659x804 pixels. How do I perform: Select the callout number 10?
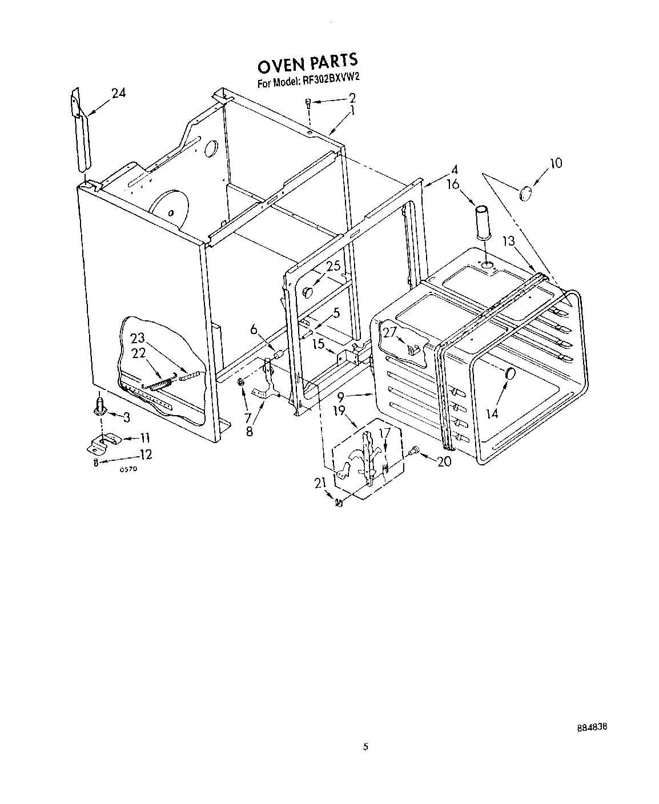[x=555, y=163]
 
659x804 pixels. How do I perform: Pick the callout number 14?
[x=492, y=412]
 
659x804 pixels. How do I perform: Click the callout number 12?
[x=145, y=455]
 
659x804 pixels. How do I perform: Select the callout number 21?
[x=320, y=483]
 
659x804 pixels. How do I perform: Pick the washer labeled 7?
[x=241, y=381]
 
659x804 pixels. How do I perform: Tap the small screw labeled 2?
[x=308, y=103]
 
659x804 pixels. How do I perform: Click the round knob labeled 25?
[x=308, y=292]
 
